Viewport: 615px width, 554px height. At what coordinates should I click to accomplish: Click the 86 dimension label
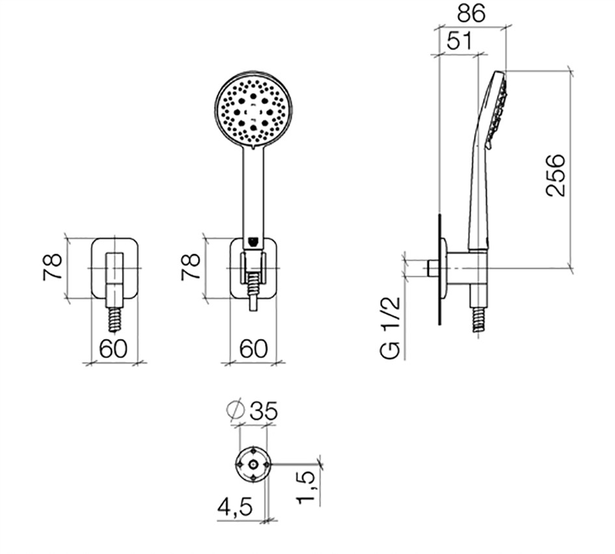pyautogui.click(x=471, y=13)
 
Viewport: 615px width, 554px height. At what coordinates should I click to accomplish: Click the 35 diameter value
pyautogui.click(x=264, y=411)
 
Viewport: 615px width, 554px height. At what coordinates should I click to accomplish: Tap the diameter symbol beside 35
pyautogui.click(x=236, y=410)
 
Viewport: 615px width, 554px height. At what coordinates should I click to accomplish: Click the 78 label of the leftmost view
pyautogui.click(x=52, y=267)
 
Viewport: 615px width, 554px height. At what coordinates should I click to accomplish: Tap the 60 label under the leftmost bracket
pyautogui.click(x=113, y=348)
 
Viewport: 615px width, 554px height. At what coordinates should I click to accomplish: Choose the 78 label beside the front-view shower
pyautogui.click(x=191, y=267)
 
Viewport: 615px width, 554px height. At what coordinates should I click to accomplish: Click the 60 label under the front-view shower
pyautogui.click(x=253, y=348)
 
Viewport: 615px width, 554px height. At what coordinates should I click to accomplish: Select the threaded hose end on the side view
pyautogui.click(x=478, y=319)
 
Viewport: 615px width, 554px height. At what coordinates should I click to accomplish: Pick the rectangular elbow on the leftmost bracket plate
pyautogui.click(x=115, y=279)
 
